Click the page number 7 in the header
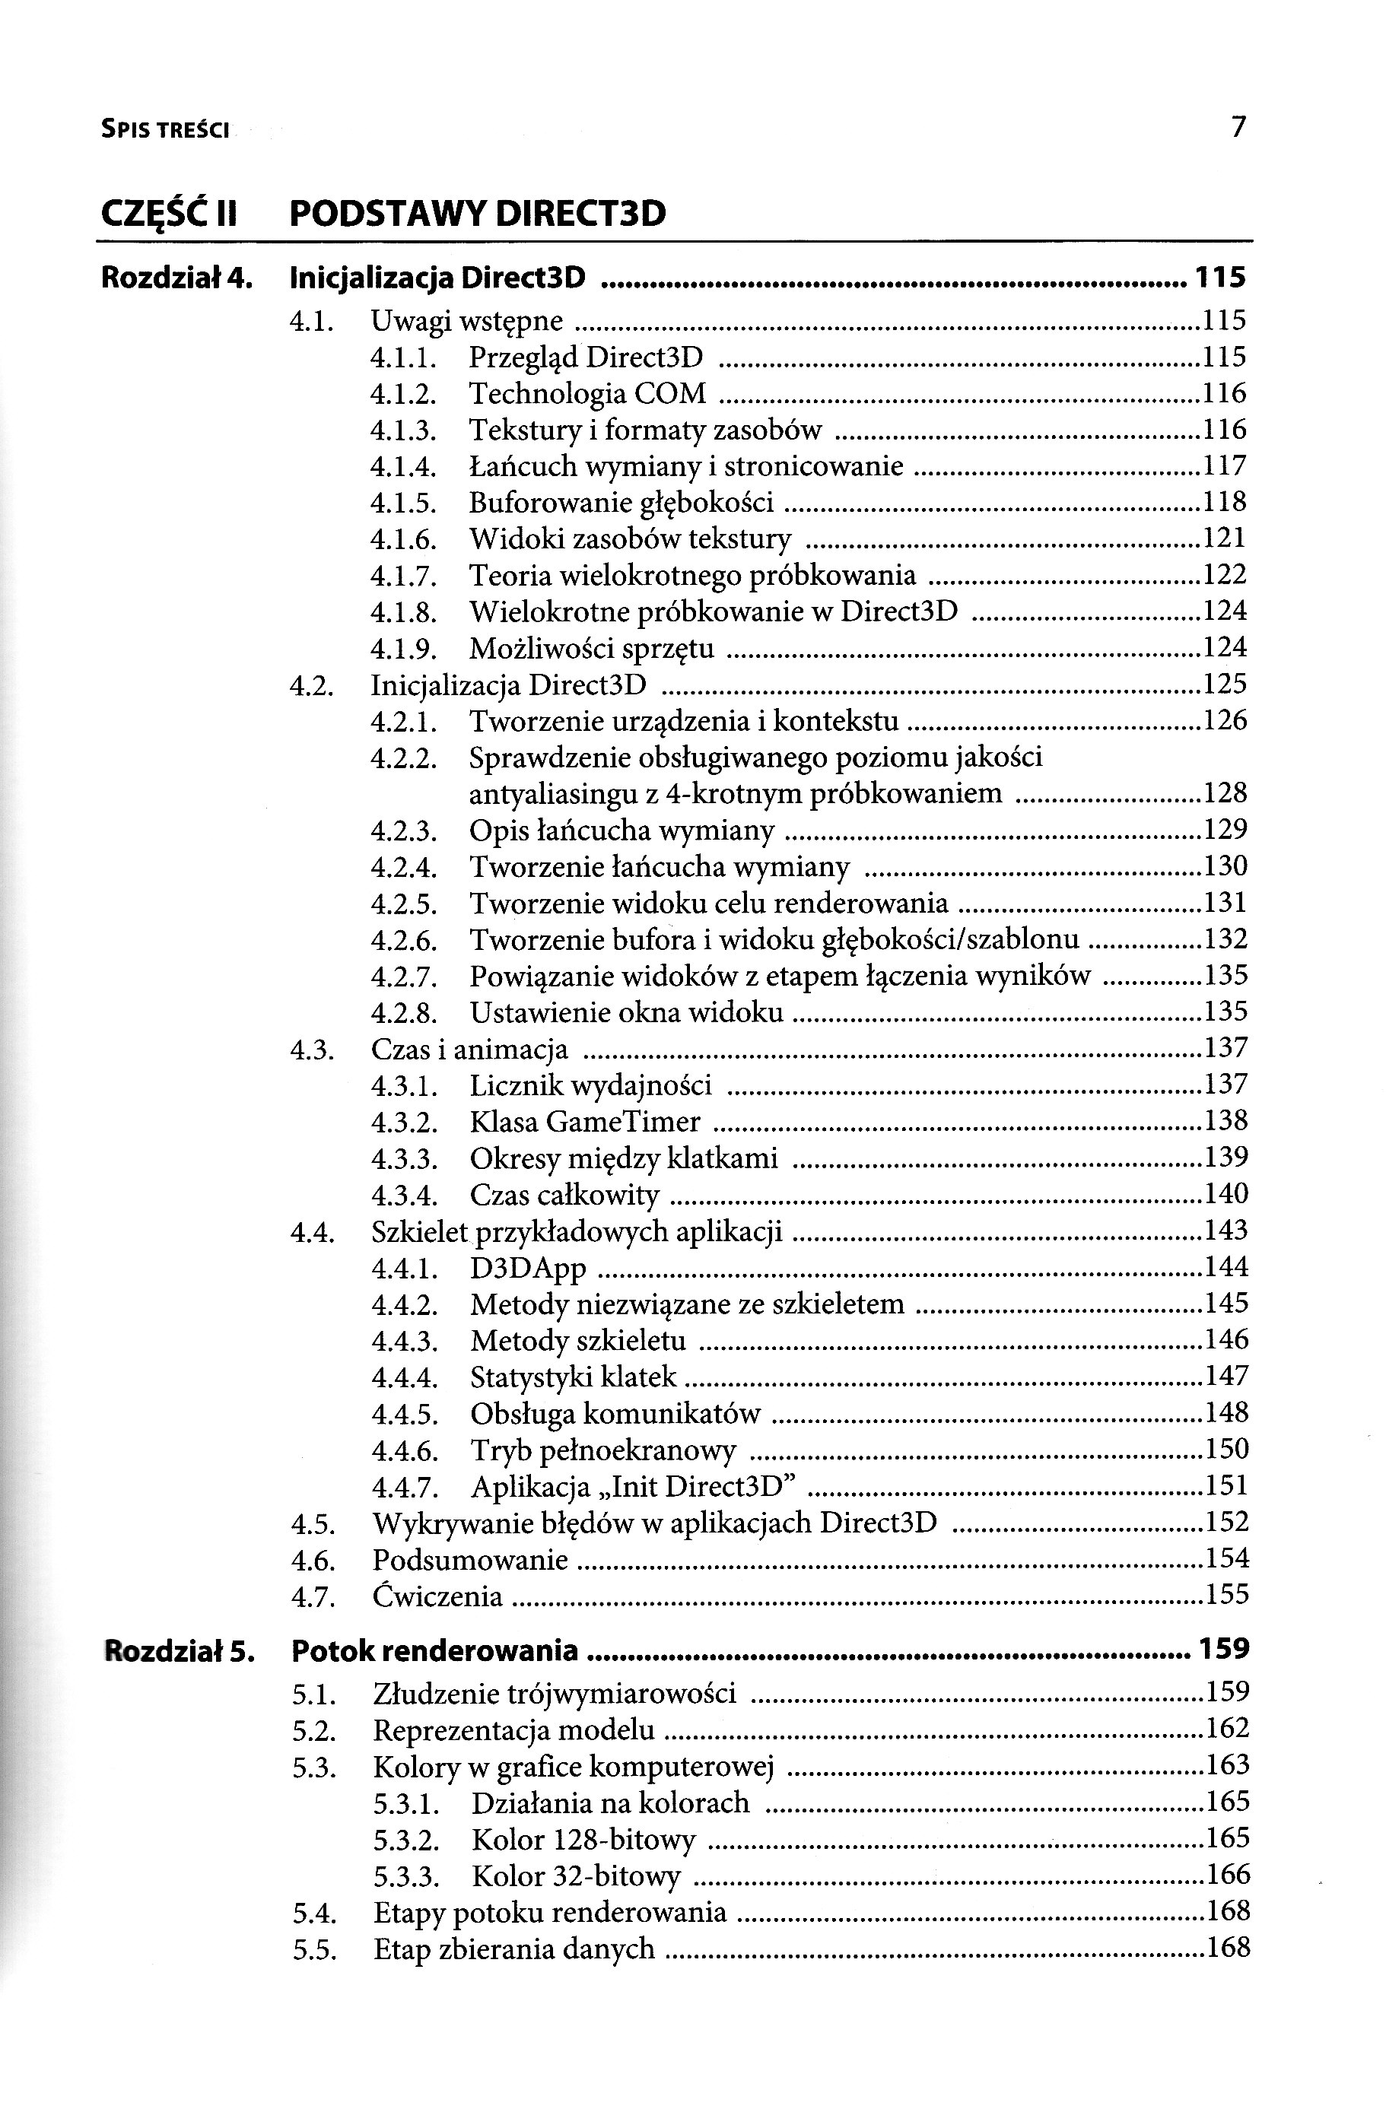point(1238,128)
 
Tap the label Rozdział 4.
point(177,278)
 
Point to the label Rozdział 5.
point(180,1650)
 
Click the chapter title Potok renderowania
point(434,1650)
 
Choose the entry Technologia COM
point(587,393)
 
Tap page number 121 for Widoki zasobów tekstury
point(1225,538)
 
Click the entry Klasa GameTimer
point(585,1121)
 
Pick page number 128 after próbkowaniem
point(1225,793)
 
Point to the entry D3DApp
point(528,1268)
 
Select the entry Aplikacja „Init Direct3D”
point(633,1487)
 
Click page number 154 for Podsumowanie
point(1227,1558)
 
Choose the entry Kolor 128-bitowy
point(583,1839)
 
